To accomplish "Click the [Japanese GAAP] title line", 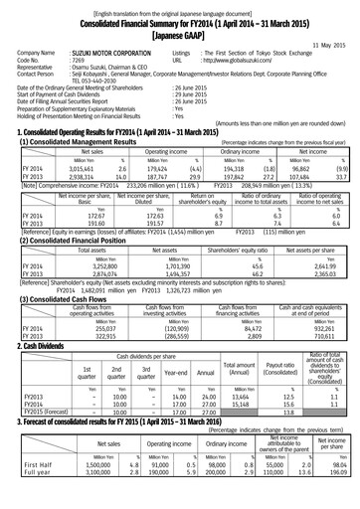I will pyautogui.click(x=180, y=36).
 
